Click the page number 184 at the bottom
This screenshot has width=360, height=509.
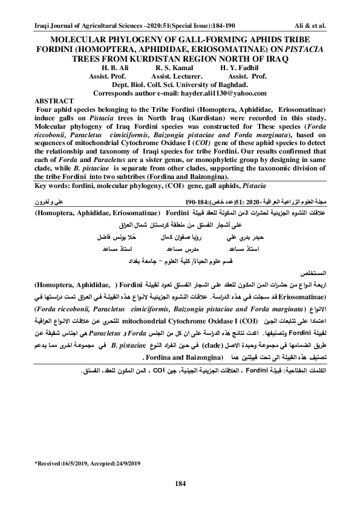point(180,482)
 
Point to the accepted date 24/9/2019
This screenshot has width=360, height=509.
point(123,464)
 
